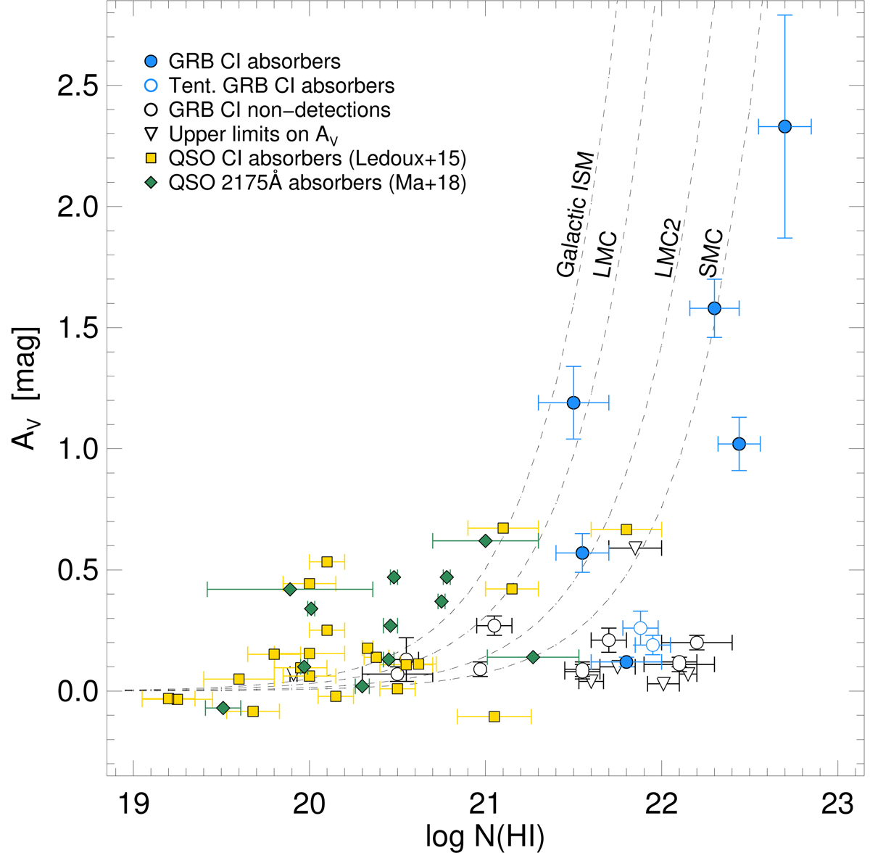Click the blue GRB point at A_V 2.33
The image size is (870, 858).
(x=784, y=126)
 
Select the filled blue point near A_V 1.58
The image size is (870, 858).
(x=714, y=308)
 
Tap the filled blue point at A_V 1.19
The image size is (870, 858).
(x=573, y=403)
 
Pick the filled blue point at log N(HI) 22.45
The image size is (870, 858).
(x=739, y=444)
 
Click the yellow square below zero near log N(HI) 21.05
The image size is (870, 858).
(x=494, y=717)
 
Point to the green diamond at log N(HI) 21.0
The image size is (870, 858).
(x=486, y=540)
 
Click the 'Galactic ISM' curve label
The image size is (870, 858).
(x=576, y=215)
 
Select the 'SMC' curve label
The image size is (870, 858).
(x=711, y=252)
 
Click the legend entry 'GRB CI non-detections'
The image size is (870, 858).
(x=279, y=110)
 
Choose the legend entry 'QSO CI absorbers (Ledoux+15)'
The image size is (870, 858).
(x=317, y=159)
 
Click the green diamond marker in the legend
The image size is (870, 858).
(x=152, y=183)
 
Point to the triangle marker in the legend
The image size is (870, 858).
(x=152, y=135)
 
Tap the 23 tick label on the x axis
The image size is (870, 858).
(x=837, y=807)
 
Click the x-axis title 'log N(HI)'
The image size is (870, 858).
(x=484, y=838)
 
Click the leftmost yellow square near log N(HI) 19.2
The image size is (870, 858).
(x=168, y=698)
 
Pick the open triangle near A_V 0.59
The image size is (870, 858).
(x=635, y=548)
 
